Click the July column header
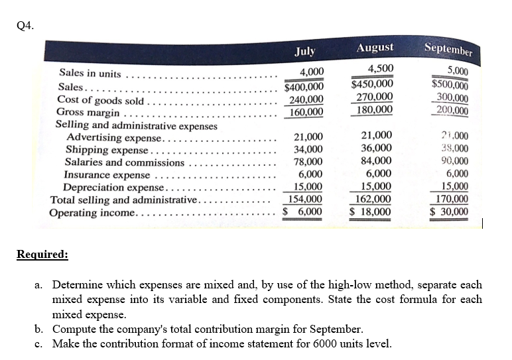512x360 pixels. tap(305, 50)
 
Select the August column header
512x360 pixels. tap(375, 48)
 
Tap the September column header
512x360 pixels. tap(448, 49)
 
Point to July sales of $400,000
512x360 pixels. tap(304, 87)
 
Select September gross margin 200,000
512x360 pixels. tap(449, 110)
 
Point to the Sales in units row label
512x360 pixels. tap(90, 73)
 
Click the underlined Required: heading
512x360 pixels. tap(42, 253)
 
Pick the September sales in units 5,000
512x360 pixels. tap(456, 72)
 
